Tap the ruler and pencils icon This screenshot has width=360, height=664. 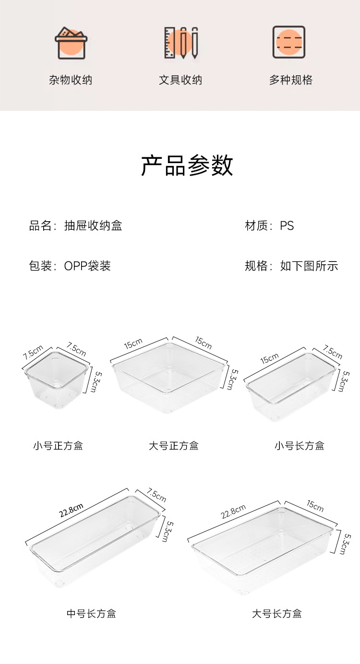tap(181, 43)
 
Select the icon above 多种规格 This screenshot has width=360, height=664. tap(289, 42)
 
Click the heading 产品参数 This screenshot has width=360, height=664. tap(187, 166)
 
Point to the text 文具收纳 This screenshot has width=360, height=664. tap(180, 80)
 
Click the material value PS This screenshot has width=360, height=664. tap(287, 225)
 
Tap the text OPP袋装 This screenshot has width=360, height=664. tap(87, 266)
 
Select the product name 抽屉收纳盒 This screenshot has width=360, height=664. tap(93, 225)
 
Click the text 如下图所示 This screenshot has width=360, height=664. tap(309, 266)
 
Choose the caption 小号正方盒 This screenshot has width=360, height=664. tap(58, 446)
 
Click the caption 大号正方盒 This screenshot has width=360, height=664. tap(173, 446)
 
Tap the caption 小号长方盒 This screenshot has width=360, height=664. tap(300, 446)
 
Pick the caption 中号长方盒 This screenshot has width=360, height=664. tap(91, 614)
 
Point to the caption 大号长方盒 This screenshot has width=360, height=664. tap(277, 614)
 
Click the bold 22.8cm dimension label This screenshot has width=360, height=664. tap(72, 511)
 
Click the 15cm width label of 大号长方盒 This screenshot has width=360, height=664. tap(315, 505)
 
